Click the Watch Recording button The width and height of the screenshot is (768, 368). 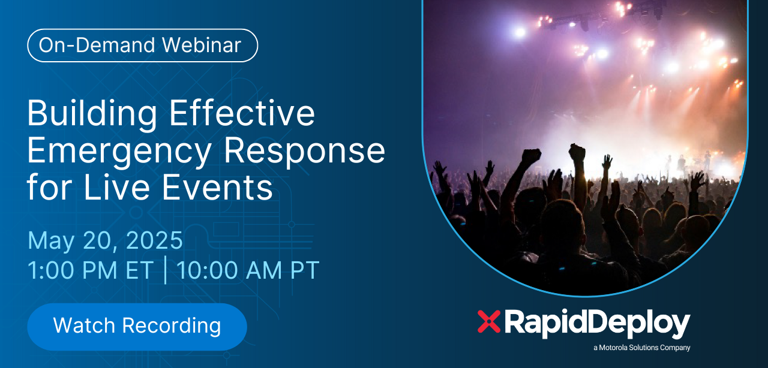[x=137, y=326]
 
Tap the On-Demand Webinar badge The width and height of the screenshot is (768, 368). [x=142, y=46]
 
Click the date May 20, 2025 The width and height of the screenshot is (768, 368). [x=105, y=240]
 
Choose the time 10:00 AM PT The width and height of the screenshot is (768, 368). [x=248, y=270]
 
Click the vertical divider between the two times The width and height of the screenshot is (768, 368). [x=166, y=270]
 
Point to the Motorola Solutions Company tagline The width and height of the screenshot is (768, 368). [x=641, y=348]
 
